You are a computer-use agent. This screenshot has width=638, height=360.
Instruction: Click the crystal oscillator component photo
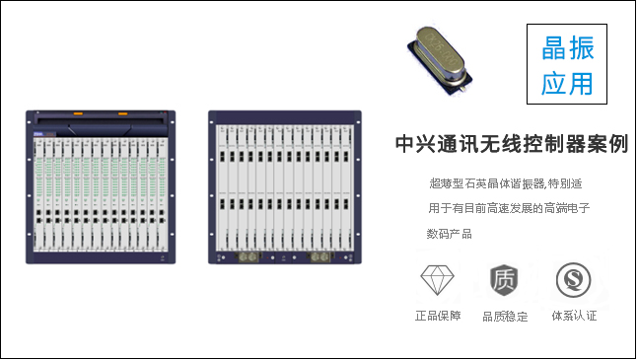tap(440, 61)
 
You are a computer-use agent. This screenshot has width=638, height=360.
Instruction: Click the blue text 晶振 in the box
tap(568, 48)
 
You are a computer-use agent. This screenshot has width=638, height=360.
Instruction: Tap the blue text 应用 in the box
tap(567, 83)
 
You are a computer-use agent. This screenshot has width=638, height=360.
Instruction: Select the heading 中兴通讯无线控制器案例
tap(512, 144)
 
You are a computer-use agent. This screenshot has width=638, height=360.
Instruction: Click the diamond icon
tap(437, 280)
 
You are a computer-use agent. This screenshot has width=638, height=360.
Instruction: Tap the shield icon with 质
tap(504, 280)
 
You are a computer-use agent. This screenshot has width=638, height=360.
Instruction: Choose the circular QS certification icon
tap(573, 280)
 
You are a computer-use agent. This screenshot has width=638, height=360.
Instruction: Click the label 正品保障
tap(438, 316)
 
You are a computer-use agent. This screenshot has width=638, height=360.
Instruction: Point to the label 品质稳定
tap(505, 317)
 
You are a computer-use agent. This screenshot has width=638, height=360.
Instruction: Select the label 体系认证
tap(574, 316)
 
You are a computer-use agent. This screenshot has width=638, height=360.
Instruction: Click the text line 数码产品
tap(450, 234)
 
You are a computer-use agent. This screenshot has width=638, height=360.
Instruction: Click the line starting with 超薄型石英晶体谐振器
tap(506, 183)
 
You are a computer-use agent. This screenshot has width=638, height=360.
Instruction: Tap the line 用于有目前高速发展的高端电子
tap(509, 209)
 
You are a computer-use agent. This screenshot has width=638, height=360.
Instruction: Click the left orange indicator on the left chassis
tap(78, 113)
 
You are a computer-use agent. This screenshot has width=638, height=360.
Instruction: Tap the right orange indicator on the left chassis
tap(122, 113)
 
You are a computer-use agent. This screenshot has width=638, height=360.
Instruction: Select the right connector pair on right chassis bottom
tap(319, 257)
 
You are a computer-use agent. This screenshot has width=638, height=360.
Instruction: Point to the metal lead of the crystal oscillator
tap(462, 87)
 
